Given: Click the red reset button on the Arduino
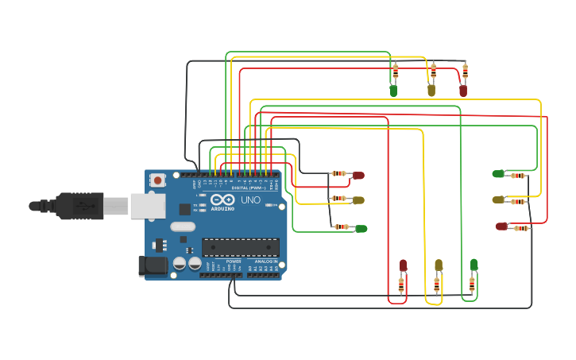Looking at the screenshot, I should tap(158, 180).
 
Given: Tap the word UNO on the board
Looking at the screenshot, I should tap(250, 199).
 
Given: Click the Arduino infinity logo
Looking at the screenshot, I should tap(222, 199).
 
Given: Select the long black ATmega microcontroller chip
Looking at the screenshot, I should tap(240, 247).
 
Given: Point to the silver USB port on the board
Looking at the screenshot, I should tap(148, 207).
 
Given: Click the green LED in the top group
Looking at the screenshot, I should tap(393, 91).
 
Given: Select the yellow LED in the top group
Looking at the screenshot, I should tap(431, 91).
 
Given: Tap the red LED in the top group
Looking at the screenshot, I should tap(463, 91).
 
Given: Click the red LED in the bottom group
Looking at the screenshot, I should tap(403, 265).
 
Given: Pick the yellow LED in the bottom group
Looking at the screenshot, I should tap(439, 265).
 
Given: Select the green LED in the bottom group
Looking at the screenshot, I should tap(474, 264).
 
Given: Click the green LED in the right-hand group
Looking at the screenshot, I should tap(498, 173).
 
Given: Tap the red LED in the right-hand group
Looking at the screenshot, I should tap(501, 226).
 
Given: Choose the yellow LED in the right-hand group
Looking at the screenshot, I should tap(498, 199).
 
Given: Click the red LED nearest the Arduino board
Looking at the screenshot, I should tap(358, 175).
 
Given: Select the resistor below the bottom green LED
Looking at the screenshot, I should tap(472, 283).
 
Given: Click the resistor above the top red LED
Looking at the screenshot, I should tap(466, 72).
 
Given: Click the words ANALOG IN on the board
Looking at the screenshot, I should tap(265, 261).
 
